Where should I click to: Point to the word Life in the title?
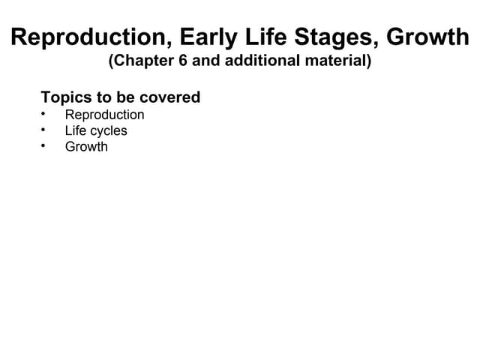[x=267, y=37]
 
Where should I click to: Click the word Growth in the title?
[x=427, y=37]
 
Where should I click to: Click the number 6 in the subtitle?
[x=183, y=61]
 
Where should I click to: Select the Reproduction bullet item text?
[x=104, y=115]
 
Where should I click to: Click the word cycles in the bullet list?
[x=109, y=131]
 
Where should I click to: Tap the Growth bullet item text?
[x=86, y=147]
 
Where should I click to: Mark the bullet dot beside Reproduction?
[x=44, y=114]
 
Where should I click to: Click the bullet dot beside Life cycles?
[x=44, y=130]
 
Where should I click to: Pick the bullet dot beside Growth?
[x=44, y=145]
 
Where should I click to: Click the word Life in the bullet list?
[x=76, y=130]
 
